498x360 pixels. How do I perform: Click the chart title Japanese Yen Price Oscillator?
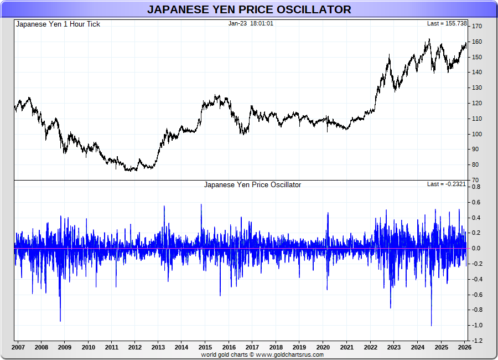click(249, 9)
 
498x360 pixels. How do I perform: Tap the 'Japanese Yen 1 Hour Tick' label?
click(58, 24)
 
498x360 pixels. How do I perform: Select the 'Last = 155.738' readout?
click(444, 24)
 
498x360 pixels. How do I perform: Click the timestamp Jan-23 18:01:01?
click(251, 24)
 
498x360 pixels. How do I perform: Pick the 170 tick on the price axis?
click(476, 27)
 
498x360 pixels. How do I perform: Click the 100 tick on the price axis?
click(476, 134)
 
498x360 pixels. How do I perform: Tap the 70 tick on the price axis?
click(475, 180)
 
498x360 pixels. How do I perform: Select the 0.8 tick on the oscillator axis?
click(476, 187)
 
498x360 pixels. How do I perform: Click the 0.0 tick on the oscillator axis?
click(476, 249)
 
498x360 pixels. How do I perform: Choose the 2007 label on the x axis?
click(18, 348)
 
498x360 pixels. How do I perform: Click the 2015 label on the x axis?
click(205, 348)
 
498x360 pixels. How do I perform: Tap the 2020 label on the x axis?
click(323, 348)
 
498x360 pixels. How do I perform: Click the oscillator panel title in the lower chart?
click(252, 185)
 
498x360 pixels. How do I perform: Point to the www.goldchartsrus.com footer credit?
click(262, 354)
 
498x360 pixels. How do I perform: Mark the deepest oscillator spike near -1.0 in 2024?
click(431, 325)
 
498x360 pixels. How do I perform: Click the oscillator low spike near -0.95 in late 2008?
click(60, 320)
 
